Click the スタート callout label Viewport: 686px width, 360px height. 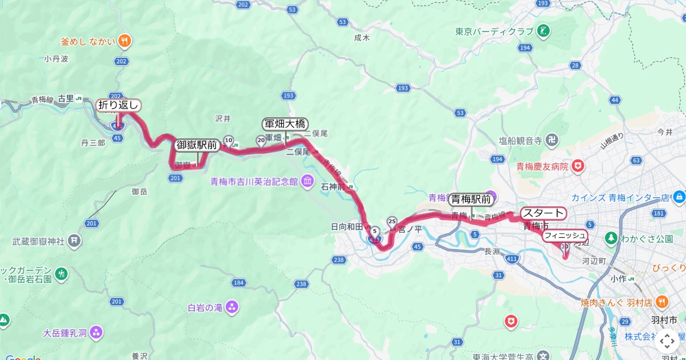point(543,214)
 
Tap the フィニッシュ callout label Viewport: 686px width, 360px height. point(565,235)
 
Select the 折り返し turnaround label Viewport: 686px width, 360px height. point(118,105)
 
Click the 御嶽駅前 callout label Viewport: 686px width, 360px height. point(197,145)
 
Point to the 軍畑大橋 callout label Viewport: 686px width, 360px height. point(285,124)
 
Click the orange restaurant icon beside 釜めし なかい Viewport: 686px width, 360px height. point(125,41)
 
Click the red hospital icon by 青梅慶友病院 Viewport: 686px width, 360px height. point(579,166)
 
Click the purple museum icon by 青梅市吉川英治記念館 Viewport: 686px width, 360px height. point(307,181)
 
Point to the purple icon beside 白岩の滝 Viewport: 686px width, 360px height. point(232,307)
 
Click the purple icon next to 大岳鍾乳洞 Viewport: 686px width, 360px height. point(96,331)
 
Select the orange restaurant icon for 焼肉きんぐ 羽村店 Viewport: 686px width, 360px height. point(661,301)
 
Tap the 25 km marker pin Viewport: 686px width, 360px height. point(392,221)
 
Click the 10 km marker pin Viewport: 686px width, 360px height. point(229,140)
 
